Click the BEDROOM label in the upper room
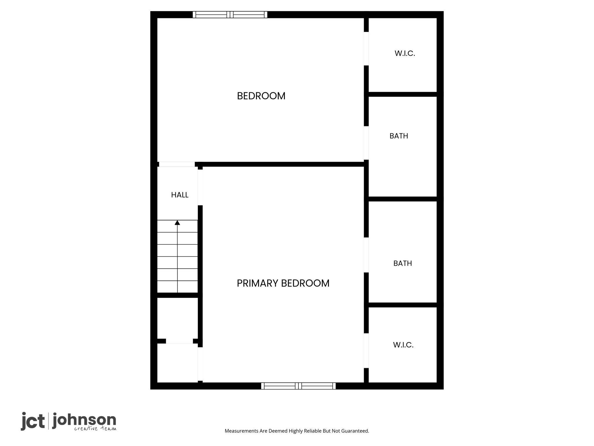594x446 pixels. click(261, 96)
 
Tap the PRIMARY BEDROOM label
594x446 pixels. click(283, 283)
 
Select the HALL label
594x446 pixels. click(180, 195)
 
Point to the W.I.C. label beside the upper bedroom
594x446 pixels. click(405, 53)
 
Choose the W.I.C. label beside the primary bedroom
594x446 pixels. click(403, 345)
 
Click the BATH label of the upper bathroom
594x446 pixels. click(399, 136)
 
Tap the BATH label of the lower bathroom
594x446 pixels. click(403, 263)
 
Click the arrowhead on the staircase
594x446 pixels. click(177, 223)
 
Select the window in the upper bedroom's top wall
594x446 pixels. click(230, 15)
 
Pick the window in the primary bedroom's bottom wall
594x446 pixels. click(298, 386)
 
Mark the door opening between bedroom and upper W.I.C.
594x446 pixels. click(366, 48)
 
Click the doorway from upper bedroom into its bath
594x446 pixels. click(366, 143)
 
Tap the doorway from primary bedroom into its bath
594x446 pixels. click(366, 255)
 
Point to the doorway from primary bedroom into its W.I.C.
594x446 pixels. click(366, 351)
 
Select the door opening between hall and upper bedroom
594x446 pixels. click(177, 164)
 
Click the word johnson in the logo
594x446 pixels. click(84, 420)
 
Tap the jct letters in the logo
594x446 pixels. click(33, 421)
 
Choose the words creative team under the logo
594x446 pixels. click(95, 428)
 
